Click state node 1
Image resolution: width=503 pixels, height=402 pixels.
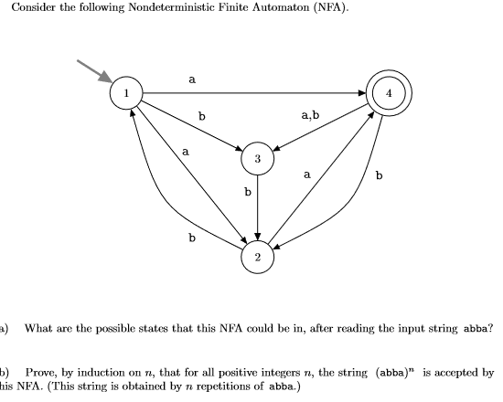(126, 92)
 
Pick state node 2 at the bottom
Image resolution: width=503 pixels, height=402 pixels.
(258, 258)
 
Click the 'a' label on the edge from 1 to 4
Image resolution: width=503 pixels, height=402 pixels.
(191, 79)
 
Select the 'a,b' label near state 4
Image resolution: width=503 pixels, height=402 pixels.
(310, 115)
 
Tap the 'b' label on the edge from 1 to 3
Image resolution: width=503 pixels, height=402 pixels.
(202, 117)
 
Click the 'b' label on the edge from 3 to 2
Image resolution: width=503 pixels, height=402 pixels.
(247, 193)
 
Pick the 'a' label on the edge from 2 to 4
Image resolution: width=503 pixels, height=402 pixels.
(307, 172)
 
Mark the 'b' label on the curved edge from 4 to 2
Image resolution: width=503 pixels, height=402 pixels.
(380, 174)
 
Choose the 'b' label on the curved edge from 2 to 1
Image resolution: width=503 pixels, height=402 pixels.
(191, 238)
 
